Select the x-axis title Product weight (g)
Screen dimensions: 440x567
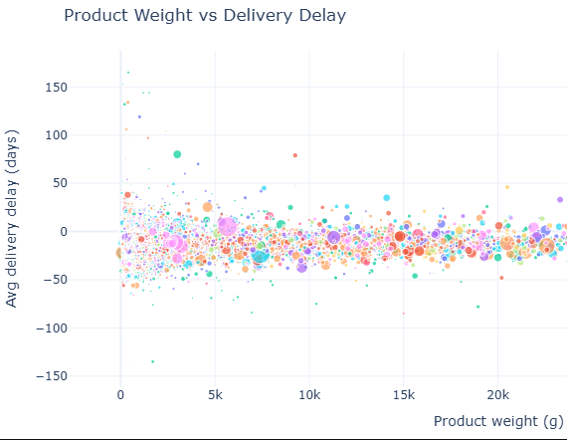point(498,421)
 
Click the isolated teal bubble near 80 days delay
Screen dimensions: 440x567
point(177,154)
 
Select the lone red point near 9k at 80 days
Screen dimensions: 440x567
point(294,155)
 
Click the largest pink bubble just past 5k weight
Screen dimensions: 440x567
point(228,226)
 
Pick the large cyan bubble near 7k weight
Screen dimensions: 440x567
point(260,254)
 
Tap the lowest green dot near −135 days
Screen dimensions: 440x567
point(152,361)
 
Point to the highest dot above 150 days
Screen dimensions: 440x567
point(127,72)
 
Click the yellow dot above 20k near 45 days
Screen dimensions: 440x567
point(506,187)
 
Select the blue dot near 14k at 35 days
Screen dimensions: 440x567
point(386,197)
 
